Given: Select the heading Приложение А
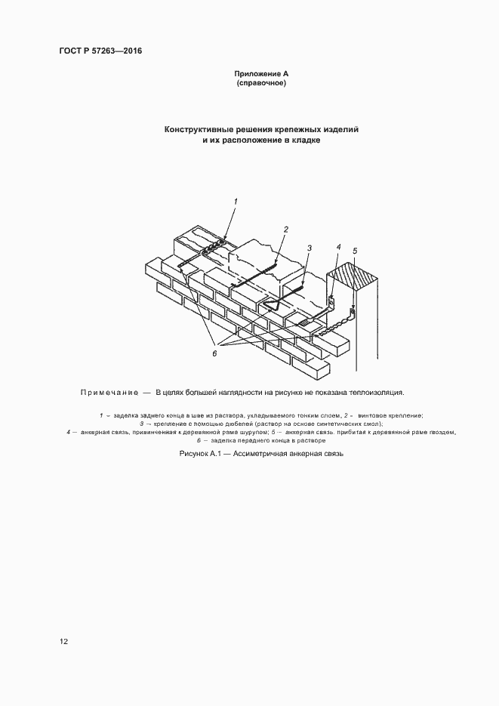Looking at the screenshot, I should (261, 73).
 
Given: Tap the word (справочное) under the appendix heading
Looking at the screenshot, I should (261, 83).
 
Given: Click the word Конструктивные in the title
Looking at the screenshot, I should (201, 129).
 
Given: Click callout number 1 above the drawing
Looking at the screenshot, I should (236, 201).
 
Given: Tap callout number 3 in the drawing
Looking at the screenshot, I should (309, 247).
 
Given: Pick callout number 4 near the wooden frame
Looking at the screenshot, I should (338, 246).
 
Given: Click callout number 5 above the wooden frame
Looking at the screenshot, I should (356, 251).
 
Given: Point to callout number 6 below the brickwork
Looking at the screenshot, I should (214, 353).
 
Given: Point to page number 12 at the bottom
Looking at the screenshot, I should (64, 641).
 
